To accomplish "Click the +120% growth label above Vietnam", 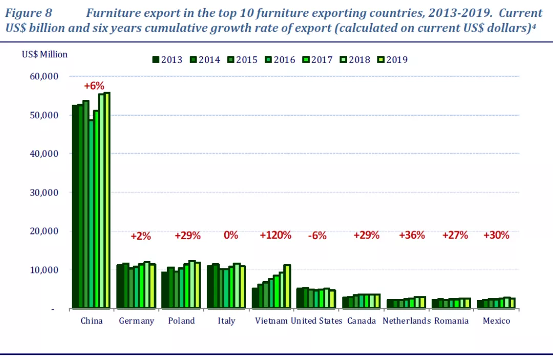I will click(275, 236).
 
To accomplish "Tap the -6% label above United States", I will click(317, 236).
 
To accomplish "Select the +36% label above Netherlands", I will click(412, 236).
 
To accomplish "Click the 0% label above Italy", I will click(231, 236).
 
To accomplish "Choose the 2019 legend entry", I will click(393, 60).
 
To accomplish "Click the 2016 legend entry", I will click(280, 60).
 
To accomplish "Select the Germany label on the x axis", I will click(136, 321).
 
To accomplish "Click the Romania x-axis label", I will click(451, 321).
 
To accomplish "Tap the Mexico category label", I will click(497, 321).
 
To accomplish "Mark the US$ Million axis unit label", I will click(45, 54).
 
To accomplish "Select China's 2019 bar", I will click(107, 200).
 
